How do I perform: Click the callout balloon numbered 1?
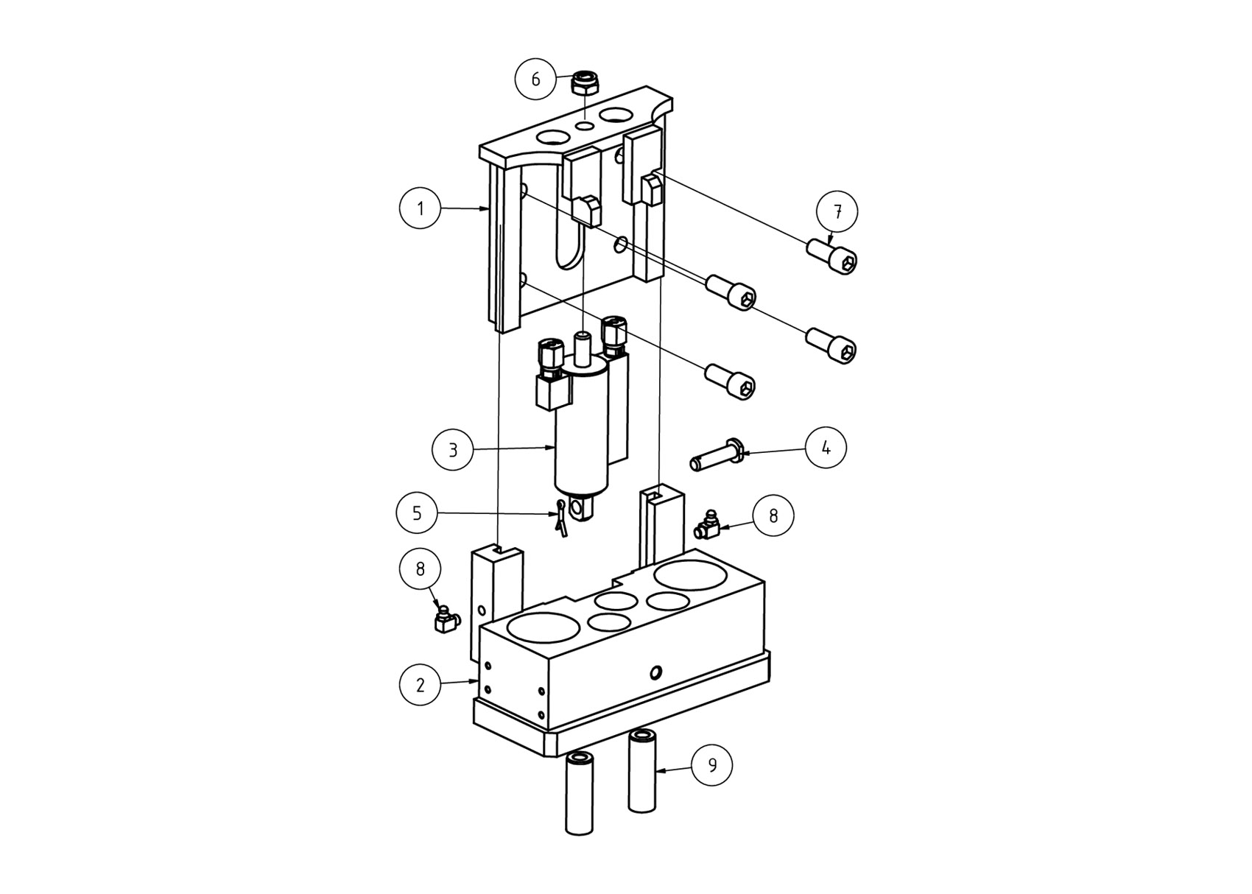[420, 208]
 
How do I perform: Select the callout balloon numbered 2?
[421, 685]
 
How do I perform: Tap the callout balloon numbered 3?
[453, 450]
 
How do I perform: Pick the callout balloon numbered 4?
[826, 448]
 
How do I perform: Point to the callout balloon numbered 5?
[417, 513]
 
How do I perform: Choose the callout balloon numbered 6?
[535, 80]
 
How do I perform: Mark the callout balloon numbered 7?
[837, 212]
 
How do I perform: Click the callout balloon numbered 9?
[712, 765]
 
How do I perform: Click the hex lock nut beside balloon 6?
[585, 84]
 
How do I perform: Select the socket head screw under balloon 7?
[831, 256]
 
